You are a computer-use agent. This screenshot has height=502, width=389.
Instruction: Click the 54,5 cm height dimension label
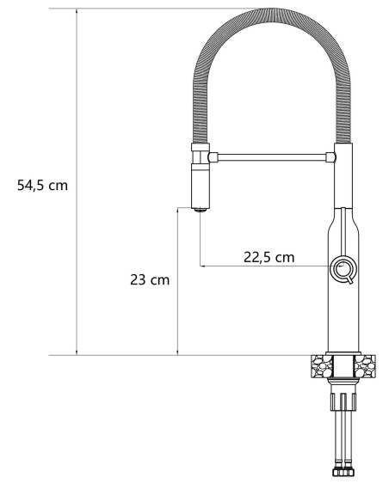point(42,186)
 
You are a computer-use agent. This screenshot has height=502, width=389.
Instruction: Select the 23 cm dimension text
point(149,279)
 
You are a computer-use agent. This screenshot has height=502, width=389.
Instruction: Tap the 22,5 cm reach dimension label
point(269,255)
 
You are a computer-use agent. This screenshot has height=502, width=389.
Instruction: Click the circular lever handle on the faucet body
point(343,269)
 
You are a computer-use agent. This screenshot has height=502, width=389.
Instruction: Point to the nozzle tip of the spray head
point(200,208)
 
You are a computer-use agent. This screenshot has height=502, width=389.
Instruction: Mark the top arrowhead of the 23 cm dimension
point(177,211)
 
